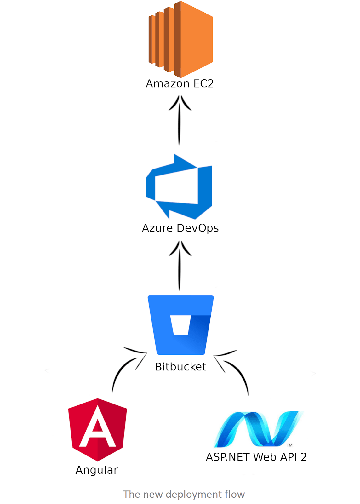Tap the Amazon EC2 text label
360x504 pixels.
180,84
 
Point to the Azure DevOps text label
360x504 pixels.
180,228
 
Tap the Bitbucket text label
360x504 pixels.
180,367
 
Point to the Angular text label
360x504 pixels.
97,470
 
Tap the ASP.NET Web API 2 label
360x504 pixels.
256,457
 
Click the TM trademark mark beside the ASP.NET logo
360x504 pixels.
289,445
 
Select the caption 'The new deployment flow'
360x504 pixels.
184,494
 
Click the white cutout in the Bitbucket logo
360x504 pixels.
180,325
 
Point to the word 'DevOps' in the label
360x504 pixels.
198,228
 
